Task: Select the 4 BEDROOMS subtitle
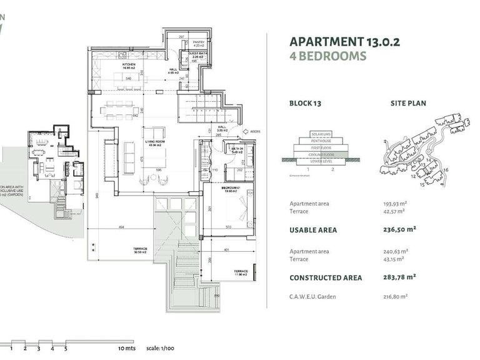click(x=327, y=56)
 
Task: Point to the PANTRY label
click(x=198, y=43)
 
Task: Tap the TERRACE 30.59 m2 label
click(x=139, y=250)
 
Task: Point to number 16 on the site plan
click(x=446, y=170)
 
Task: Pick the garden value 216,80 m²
click(x=395, y=296)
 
